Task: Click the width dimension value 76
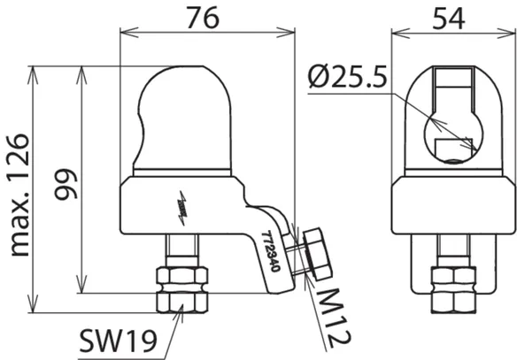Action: point(203,17)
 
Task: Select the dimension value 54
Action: point(449,19)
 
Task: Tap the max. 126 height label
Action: point(19,195)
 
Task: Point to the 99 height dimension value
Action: point(66,185)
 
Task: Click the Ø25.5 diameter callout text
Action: point(348,77)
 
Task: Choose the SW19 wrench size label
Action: point(118,341)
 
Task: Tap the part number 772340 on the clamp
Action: point(271,251)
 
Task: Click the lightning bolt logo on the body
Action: point(182,208)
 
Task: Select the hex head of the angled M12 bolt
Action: point(317,254)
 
